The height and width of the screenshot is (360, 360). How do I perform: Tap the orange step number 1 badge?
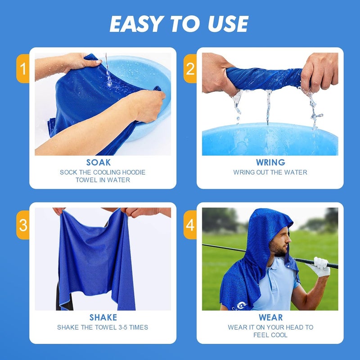pos(23,69)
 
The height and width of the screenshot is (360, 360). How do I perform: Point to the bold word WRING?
pos(270,162)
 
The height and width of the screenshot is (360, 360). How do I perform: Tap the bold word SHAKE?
pos(103,318)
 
